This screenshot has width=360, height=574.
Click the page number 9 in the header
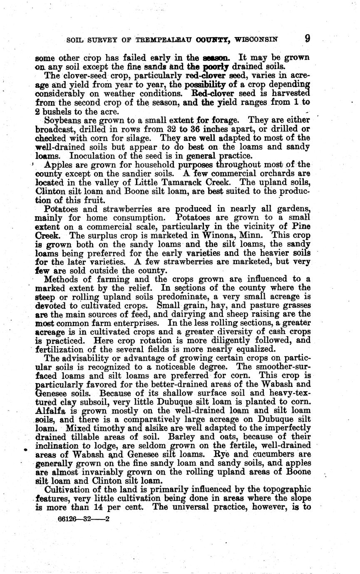click(x=307, y=39)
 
